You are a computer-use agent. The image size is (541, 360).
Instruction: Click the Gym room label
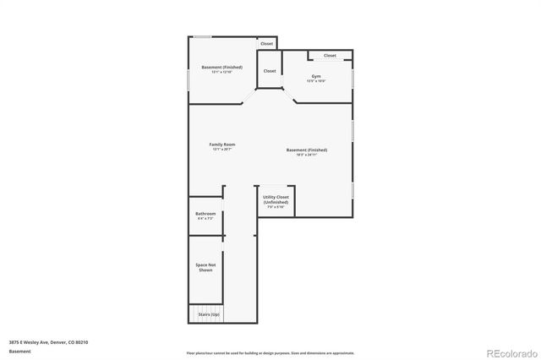(316, 76)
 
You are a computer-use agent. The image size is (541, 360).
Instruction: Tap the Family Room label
(221, 145)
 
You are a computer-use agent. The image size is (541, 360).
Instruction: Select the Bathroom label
(205, 214)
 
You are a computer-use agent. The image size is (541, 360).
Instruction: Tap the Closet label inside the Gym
(330, 56)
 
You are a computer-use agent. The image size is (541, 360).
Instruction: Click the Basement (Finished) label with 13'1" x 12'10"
(221, 67)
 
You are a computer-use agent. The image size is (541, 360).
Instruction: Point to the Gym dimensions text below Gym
(316, 81)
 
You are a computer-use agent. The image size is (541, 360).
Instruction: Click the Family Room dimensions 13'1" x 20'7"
(221, 150)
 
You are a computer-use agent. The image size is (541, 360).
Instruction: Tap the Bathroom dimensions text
(205, 219)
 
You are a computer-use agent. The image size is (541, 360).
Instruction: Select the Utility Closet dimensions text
(276, 208)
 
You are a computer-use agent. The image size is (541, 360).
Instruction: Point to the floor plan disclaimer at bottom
(270, 352)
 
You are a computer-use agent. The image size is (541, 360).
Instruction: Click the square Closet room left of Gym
(270, 72)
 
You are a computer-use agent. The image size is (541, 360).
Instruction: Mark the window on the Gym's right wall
(352, 78)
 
